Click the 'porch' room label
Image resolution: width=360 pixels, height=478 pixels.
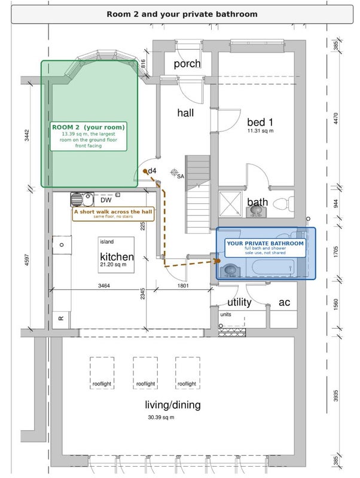coord(187,64)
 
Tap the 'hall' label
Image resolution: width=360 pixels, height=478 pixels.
coord(185,113)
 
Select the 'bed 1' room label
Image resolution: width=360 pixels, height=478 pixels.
coord(260,122)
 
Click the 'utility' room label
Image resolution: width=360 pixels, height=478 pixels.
coord(239,302)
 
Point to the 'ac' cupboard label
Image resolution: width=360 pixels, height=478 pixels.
coord(284,302)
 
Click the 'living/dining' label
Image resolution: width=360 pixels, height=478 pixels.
coord(173,405)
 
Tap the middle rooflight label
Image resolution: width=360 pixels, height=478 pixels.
coord(145,384)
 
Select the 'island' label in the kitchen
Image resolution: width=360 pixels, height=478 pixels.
coord(107,242)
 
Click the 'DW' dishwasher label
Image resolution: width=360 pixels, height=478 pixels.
coord(106,200)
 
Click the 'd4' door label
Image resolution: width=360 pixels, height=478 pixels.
coord(152,171)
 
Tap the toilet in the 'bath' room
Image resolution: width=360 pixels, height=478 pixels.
coord(283,204)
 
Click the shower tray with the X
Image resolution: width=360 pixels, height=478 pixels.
coord(230,204)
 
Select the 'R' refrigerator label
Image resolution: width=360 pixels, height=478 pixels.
coord(61,318)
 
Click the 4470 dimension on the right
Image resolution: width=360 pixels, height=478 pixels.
coord(335,118)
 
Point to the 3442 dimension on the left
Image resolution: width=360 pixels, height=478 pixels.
coord(27,135)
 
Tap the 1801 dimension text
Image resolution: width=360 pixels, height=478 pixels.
coord(183,286)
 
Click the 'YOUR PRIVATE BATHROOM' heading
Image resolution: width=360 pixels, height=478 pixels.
coord(265,243)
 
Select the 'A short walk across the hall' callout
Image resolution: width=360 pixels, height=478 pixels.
coord(113,214)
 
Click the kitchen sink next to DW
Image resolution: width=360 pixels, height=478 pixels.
coord(82,200)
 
